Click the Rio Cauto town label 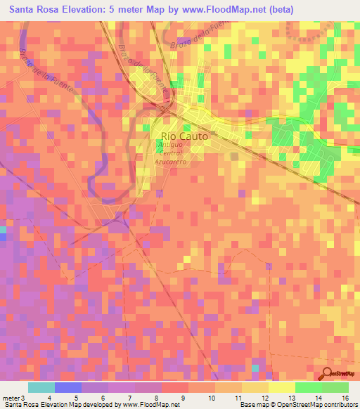coord(185,138)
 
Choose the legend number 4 coord(49,397)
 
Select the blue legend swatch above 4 coord(67,387)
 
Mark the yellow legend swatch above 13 coord(281,387)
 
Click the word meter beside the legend coord(11,397)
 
